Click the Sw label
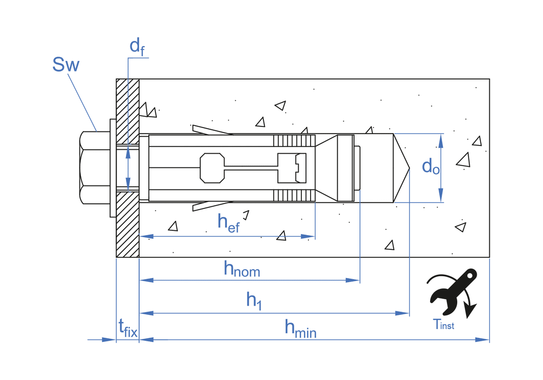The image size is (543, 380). click(66, 65)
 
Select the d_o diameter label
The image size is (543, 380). click(431, 167)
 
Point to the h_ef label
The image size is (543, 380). click(229, 222)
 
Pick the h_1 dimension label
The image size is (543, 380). click(254, 300)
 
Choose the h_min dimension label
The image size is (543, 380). click(300, 328)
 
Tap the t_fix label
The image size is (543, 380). click(128, 327)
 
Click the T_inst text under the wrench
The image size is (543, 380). click(444, 325)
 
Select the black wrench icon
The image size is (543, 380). click(452, 293)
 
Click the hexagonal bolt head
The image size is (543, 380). click(95, 168)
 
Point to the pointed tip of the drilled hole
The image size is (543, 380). click(408, 168)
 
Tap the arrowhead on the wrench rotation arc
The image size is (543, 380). click(471, 311)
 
